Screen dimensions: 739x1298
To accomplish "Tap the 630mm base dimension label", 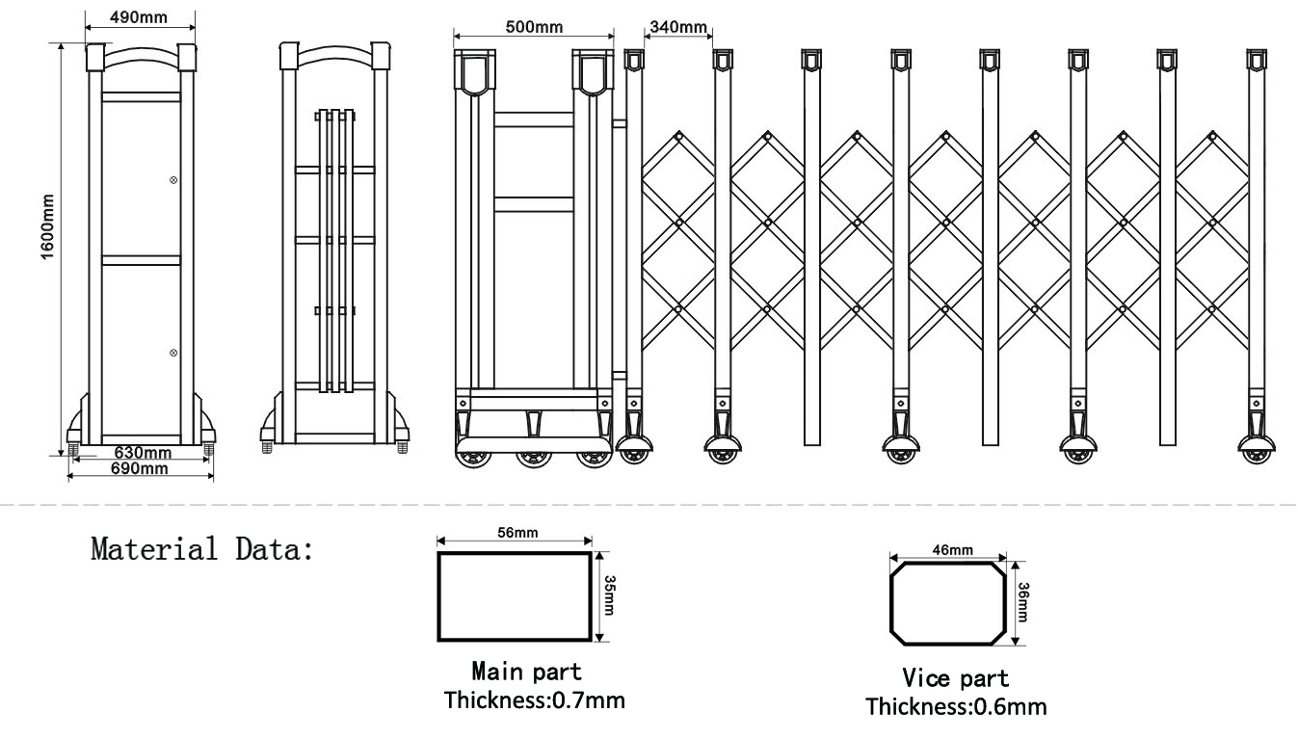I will (x=143, y=453).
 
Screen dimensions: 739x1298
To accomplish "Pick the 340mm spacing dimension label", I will (x=677, y=26).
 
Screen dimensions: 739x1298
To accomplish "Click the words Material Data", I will (x=201, y=551).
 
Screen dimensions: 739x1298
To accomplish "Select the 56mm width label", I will (x=514, y=534).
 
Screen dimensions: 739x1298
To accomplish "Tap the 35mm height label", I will (x=608, y=595).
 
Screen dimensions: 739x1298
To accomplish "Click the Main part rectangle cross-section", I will (x=515, y=596).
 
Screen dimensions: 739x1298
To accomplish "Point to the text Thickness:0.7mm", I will (x=534, y=699).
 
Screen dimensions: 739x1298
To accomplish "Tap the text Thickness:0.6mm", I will (x=956, y=706).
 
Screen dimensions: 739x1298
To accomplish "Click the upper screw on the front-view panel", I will (x=173, y=179).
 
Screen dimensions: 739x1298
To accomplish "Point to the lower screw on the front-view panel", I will (x=173, y=354).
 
